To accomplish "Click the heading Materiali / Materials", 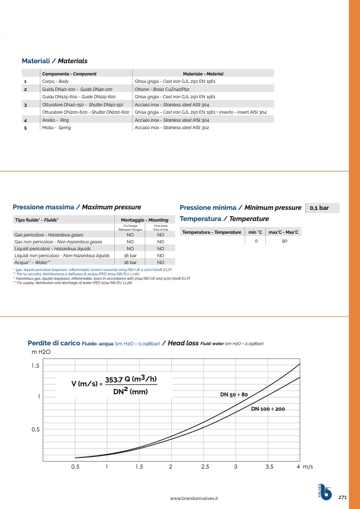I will (54, 61).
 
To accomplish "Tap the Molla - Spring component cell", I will (56, 128).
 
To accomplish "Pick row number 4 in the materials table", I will (26, 120).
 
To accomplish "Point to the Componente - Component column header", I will (69, 74).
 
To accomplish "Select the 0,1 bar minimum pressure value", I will (320, 208).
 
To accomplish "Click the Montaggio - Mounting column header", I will (145, 219).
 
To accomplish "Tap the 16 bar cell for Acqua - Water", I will (130, 262).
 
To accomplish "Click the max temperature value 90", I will (284, 241).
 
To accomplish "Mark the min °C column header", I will (256, 232).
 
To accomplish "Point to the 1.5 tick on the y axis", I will (36, 366).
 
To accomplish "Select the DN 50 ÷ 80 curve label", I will (234, 395).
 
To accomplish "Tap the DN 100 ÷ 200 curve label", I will (268, 409).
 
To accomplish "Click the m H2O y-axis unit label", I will (41, 352).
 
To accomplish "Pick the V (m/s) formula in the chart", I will (114, 385).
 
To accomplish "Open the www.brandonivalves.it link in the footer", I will (194, 498).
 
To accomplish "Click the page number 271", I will (342, 497).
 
